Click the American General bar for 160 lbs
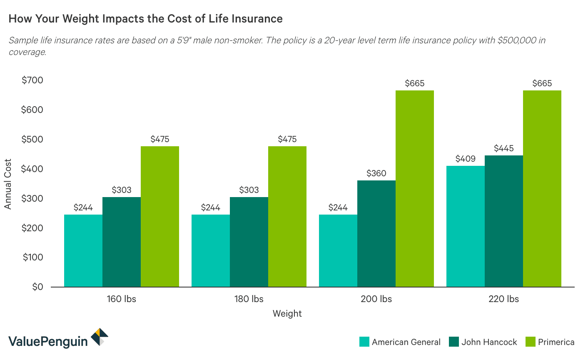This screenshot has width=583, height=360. point(83,250)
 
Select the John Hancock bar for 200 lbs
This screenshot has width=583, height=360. point(376,233)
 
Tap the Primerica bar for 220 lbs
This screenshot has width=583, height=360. point(542,188)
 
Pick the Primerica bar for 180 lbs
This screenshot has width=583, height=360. point(287,216)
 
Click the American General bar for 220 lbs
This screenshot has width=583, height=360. point(465,226)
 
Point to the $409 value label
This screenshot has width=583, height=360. point(465,158)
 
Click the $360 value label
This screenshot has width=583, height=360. point(376,173)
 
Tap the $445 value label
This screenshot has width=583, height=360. point(503,148)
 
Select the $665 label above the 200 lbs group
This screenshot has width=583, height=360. point(414,83)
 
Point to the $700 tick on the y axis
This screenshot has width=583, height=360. point(32,80)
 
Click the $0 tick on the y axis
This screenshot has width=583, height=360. point(37,287)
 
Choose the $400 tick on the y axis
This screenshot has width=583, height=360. point(32,169)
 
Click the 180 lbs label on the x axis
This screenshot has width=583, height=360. point(249,299)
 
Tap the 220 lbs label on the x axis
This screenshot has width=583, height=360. point(503,299)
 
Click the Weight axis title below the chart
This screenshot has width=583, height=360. point(287,313)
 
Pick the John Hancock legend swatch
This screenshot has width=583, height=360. point(454,342)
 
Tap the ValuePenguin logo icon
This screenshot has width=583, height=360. point(100,337)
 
